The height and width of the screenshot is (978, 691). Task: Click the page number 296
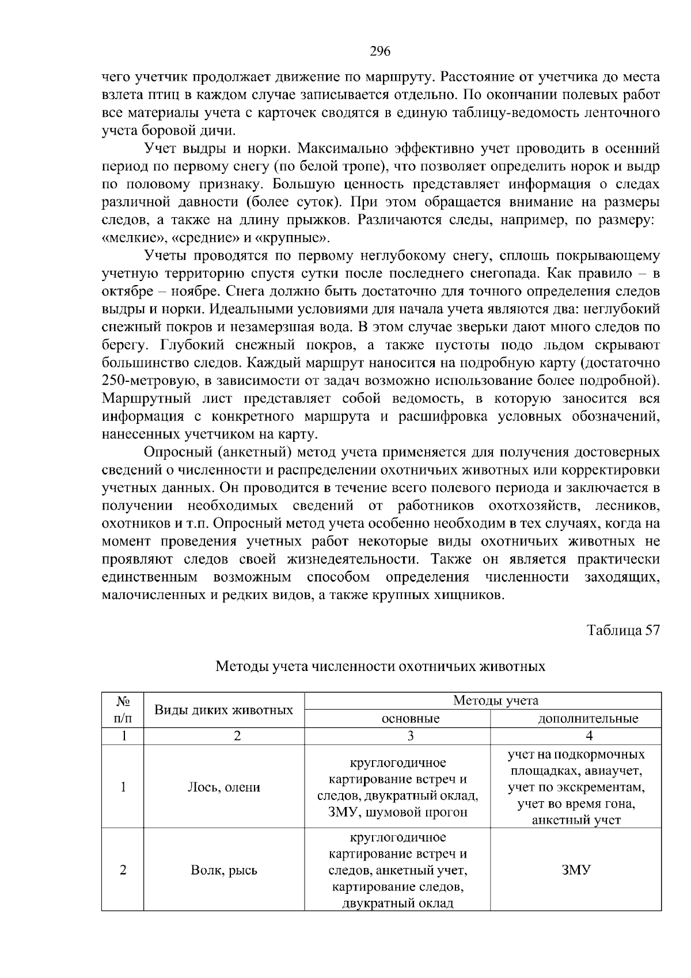pos(379,52)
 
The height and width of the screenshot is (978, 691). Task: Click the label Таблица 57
pos(622,630)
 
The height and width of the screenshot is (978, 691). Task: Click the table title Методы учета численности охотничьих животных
pos(380,666)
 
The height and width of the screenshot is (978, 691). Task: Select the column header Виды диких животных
pos(224,710)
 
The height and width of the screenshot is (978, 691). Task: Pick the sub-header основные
pos(411,718)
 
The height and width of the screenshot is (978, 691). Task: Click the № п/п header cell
pos(123,710)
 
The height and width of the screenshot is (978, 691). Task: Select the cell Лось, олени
pos(224,787)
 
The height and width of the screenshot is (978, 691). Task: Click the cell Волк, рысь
pos(224,870)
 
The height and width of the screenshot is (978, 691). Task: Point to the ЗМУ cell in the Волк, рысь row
pos(576,870)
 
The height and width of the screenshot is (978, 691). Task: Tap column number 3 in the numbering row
pos(411,736)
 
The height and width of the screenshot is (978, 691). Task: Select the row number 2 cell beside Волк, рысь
pos(123,870)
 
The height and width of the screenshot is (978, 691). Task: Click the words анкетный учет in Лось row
pos(576,820)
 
